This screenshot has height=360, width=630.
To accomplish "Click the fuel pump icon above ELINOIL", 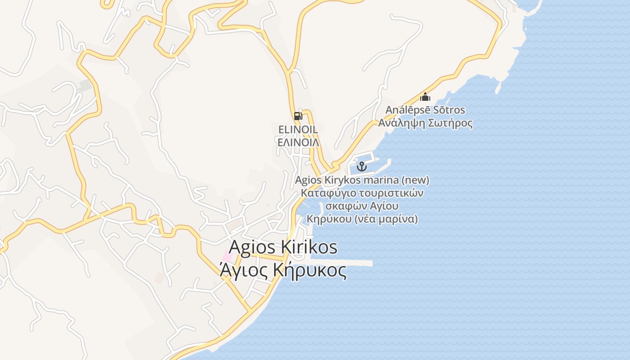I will pyautogui.click(x=298, y=116).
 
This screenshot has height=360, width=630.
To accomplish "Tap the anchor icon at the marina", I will pyautogui.click(x=362, y=167).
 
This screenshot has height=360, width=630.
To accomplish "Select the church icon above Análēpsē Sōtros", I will pyautogui.click(x=425, y=97).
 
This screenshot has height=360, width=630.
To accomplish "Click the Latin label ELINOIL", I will pyautogui.click(x=298, y=130).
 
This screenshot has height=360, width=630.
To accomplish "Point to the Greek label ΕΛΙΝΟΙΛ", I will pyautogui.click(x=298, y=143).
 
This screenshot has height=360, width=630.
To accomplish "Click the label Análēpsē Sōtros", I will pyautogui.click(x=425, y=110).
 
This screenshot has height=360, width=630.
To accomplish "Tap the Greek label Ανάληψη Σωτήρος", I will pyautogui.click(x=425, y=123).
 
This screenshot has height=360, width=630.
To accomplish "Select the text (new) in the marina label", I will pyautogui.click(x=415, y=180).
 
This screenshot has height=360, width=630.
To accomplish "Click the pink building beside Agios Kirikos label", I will pyautogui.click(x=227, y=257).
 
